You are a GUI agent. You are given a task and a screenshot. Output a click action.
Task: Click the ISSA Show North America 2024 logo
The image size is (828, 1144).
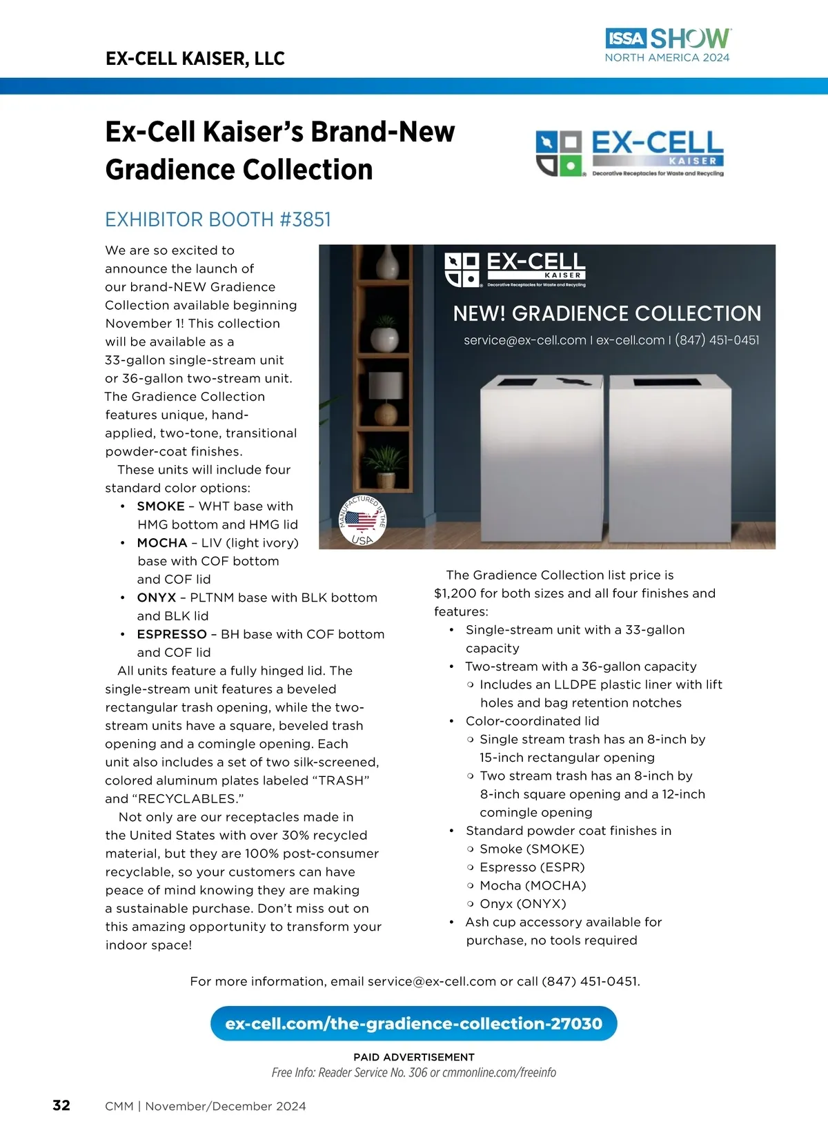667,46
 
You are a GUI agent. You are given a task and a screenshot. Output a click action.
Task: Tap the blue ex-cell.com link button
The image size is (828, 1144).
413,1023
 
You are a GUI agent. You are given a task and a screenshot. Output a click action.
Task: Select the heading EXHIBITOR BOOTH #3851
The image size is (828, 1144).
218,219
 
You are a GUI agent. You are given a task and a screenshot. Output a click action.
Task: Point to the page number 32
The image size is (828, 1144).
61,1105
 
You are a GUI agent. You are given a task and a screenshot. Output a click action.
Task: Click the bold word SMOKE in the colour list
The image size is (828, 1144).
161,506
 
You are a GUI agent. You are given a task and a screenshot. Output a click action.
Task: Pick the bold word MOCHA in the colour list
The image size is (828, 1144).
162,543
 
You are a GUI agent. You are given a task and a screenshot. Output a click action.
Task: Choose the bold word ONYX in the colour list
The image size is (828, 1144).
157,598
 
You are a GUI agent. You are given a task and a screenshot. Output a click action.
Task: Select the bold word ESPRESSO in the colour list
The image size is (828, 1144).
172,634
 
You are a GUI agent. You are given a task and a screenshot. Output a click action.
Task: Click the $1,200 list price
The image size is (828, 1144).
456,593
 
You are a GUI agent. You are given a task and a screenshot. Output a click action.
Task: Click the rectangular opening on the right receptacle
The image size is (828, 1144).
667,382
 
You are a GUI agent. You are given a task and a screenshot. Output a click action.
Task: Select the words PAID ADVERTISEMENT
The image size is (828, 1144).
414,1057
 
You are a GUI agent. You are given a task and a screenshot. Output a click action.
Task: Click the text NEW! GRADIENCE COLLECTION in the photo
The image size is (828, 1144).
607,314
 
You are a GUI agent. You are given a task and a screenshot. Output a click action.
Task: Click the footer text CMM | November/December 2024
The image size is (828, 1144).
206,1106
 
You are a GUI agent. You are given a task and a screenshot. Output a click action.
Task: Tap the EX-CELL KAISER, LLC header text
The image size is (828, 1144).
195,59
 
